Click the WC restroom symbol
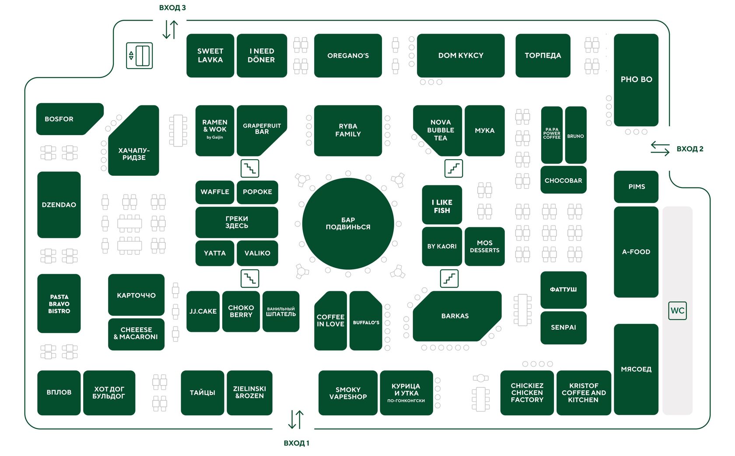pos(677,310)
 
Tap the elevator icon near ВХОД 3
pos(140,56)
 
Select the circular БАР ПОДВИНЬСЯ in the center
pos(348,223)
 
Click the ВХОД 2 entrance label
pos(690,149)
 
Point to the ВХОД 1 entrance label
pos(296,443)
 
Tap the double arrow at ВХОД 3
pos(171,29)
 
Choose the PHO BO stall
pos(636,80)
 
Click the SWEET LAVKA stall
pos(210,56)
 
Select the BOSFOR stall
pos(70,119)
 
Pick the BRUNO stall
pos(576,135)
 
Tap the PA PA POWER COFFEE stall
pos(552,135)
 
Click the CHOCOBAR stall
pos(563,180)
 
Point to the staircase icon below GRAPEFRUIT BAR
pos(250,168)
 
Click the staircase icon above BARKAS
pos(449,278)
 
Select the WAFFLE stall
pos(215,192)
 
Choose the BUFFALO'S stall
pos(366,320)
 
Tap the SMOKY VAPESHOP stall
pos(348,393)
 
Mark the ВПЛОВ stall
pos(59,393)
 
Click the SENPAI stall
pos(563,327)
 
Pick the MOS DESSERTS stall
pos(485,246)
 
